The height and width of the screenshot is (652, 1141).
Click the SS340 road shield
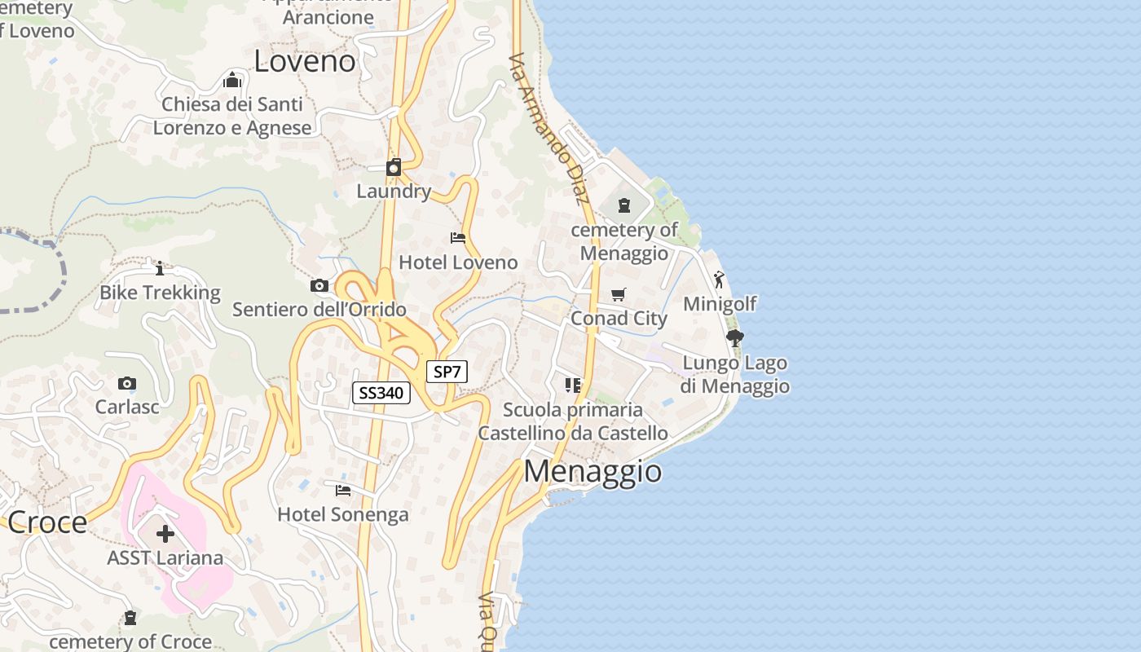coord(381,393)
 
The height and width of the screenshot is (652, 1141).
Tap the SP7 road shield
coord(447,372)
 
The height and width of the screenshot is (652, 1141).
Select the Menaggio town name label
coord(593,471)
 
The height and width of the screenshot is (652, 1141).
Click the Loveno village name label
coord(305,61)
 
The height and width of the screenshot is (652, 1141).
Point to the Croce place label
coord(46,522)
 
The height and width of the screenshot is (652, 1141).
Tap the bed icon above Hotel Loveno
coord(458,238)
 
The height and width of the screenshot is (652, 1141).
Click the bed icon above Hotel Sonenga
coord(343,490)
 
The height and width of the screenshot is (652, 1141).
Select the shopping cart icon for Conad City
coord(619,294)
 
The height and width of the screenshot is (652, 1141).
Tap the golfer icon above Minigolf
coord(719,280)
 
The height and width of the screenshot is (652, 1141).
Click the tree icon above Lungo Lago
coord(734,338)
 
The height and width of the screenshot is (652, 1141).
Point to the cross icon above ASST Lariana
coord(165,534)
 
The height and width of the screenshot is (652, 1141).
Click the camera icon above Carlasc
coord(127,383)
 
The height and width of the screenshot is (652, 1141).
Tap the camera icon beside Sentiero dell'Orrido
coord(319,285)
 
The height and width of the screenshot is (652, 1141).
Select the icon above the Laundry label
coord(394,167)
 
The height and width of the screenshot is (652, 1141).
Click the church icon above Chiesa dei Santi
coord(232,80)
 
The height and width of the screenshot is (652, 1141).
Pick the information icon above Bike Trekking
coord(160,267)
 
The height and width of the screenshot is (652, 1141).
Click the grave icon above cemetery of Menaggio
coord(624,205)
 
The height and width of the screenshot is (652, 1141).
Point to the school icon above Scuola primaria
coord(573,385)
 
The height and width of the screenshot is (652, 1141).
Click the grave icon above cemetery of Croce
coord(130,618)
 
